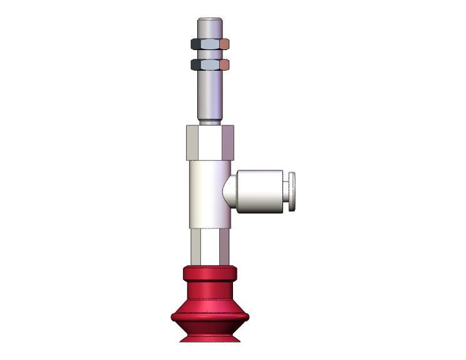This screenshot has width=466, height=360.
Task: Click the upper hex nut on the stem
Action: pyautogui.click(x=210, y=44)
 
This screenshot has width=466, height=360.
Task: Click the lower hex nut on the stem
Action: pyautogui.click(x=210, y=64)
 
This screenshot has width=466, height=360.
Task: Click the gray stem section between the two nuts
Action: pyautogui.click(x=210, y=54)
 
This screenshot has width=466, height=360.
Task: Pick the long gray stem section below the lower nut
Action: pyautogui.click(x=210, y=94)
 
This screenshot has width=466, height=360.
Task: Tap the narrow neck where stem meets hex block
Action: pyautogui.click(x=210, y=122)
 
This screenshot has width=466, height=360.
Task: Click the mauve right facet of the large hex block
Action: pyautogui.click(x=228, y=142)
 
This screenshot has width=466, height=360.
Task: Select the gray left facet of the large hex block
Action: pyautogui.click(x=192, y=142)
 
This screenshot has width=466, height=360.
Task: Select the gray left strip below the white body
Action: pyautogui.click(x=196, y=247)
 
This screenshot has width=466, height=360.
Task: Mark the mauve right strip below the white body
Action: pyautogui.click(x=224, y=247)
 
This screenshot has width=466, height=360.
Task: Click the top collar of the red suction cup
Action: pyautogui.click(x=210, y=274)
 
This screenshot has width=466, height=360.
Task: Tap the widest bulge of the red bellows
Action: pyautogui.click(x=210, y=313)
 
